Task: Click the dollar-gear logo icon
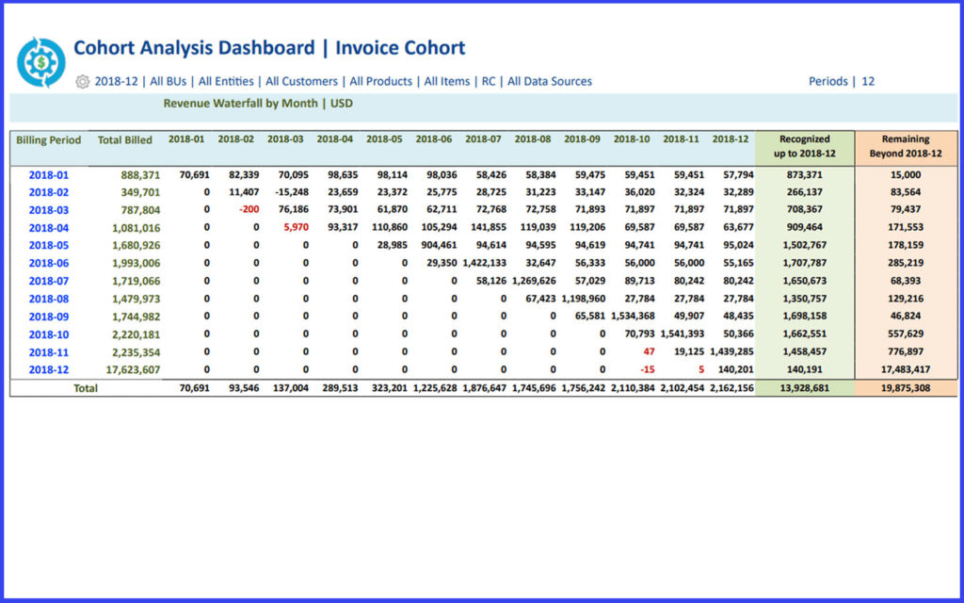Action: pos(41,62)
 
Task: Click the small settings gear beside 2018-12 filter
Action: pos(82,82)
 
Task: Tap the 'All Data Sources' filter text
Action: pos(550,82)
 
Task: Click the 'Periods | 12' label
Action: pos(841,82)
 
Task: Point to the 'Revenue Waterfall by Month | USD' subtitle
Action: pos(258,104)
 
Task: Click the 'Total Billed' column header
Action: pos(125,140)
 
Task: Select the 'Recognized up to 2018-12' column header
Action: pos(804,146)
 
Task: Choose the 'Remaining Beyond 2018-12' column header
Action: pos(905,146)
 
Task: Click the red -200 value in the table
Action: pos(249,210)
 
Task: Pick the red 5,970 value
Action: pos(296,228)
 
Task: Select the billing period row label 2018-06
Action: pos(48,263)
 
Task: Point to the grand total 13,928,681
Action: pos(804,388)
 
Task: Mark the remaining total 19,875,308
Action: pos(905,388)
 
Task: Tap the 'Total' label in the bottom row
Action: pos(85,388)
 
